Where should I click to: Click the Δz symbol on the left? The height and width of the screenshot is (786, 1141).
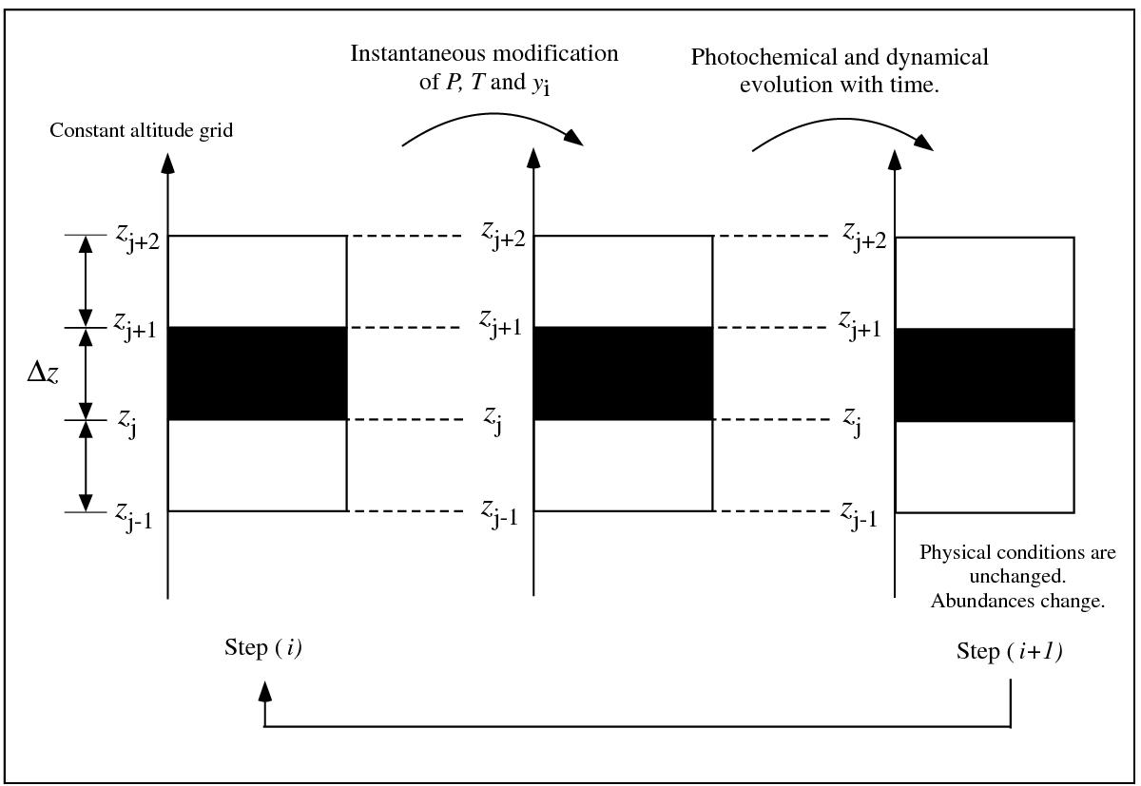pyautogui.click(x=43, y=374)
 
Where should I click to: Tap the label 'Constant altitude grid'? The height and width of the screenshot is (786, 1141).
pyautogui.click(x=141, y=130)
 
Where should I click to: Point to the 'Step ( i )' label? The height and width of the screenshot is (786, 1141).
pyautogui.click(x=263, y=648)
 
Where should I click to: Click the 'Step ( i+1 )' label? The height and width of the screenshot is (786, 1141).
pyautogui.click(x=1009, y=651)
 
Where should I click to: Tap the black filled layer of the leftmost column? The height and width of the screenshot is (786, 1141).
pyautogui.click(x=258, y=374)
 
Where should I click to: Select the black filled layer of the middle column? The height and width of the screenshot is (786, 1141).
pyautogui.click(x=623, y=374)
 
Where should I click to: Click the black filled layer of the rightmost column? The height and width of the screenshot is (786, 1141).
pyautogui.click(x=985, y=375)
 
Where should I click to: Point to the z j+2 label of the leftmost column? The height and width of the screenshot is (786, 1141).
pyautogui.click(x=138, y=239)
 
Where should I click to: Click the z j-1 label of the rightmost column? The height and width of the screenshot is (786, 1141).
pyautogui.click(x=859, y=515)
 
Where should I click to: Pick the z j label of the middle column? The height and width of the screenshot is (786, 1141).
pyautogui.click(x=493, y=420)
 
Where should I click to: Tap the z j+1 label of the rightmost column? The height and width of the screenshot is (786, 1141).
pyautogui.click(x=860, y=326)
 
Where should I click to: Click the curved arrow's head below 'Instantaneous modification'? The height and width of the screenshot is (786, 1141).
pyautogui.click(x=574, y=138)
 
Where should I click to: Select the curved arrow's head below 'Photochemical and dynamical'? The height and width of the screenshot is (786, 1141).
pyautogui.click(x=924, y=143)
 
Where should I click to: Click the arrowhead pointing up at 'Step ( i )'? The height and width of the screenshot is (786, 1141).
pyautogui.click(x=264, y=692)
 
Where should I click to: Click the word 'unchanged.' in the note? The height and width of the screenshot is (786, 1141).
pyautogui.click(x=1017, y=576)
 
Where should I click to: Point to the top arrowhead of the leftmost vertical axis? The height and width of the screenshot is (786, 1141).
pyautogui.click(x=167, y=163)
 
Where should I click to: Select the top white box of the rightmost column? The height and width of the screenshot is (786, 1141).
pyautogui.click(x=985, y=283)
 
